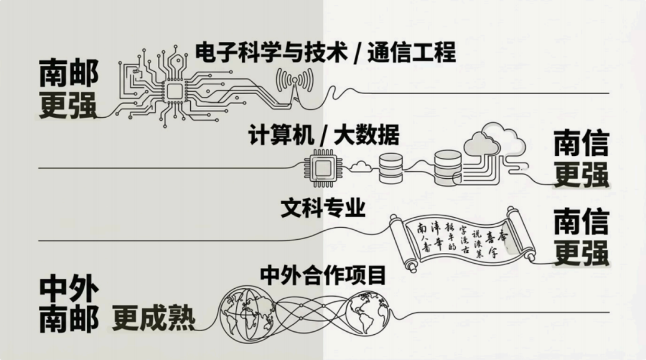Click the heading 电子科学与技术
point(272,53)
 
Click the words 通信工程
point(411,53)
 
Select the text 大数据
point(367,136)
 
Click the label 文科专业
point(322,208)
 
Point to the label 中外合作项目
point(322,275)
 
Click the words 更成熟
point(154,319)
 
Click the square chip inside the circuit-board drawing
point(174,91)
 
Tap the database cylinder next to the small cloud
point(391,167)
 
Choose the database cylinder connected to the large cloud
point(448,167)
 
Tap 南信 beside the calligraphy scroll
point(580,221)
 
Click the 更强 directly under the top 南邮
point(68,106)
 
